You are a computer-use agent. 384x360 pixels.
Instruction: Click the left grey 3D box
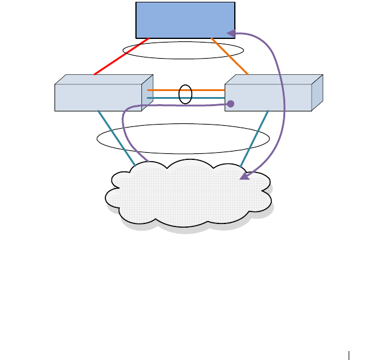pyautogui.click(x=98, y=98)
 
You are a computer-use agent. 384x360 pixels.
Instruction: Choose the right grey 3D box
pyautogui.click(x=268, y=98)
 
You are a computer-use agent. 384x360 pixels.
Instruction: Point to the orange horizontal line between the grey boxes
pyautogui.click(x=165, y=90)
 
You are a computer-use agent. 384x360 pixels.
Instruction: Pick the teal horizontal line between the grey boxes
pyautogui.click(x=165, y=98)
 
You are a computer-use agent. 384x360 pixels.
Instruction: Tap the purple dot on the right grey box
pyautogui.click(x=231, y=104)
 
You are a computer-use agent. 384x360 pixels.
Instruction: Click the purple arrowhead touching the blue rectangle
pyautogui.click(x=230, y=34)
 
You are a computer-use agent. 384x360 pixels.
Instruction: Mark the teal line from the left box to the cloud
pyautogui.click(x=117, y=138)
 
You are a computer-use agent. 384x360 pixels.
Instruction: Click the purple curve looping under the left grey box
pyautogui.click(x=123, y=129)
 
